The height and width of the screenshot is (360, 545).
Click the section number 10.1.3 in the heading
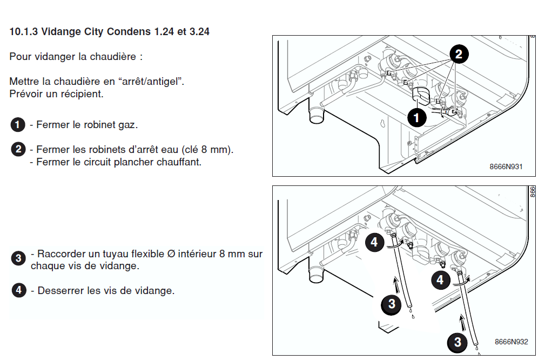click(24, 32)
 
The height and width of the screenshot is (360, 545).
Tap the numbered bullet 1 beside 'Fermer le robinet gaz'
click(18, 124)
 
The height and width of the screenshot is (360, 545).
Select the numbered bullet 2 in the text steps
click(18, 149)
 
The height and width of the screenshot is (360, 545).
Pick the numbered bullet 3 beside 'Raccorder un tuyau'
click(18, 258)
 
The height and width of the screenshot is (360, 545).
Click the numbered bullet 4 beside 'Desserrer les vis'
click(19, 290)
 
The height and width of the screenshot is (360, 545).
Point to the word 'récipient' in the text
click(85, 94)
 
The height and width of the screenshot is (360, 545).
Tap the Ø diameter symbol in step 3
click(171, 254)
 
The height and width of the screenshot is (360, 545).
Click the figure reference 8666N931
click(506, 166)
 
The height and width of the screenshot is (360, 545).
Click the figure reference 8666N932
click(512, 342)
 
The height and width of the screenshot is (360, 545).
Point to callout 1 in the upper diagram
click(417, 118)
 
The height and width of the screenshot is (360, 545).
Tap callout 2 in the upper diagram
click(459, 54)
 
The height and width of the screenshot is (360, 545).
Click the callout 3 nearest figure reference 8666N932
click(457, 342)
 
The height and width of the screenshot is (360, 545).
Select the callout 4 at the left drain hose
click(374, 242)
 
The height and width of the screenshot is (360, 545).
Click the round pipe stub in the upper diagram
click(317, 114)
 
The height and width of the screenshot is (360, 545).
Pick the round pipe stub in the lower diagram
click(317, 275)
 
